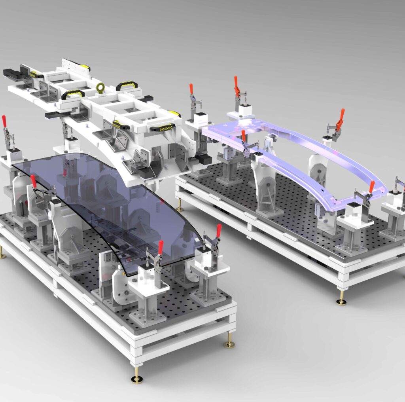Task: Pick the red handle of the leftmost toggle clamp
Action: click(x=4, y=121)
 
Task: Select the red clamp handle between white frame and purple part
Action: click(x=191, y=89)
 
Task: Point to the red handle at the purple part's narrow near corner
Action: click(x=372, y=186)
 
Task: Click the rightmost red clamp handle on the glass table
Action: click(x=219, y=231)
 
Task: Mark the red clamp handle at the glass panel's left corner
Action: click(x=34, y=181)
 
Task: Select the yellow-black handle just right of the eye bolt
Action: click(x=127, y=85)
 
